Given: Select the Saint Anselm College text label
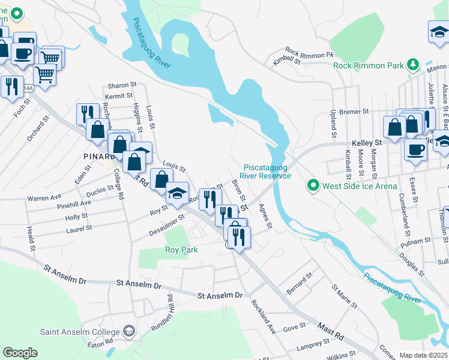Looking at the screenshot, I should (x=79, y=331).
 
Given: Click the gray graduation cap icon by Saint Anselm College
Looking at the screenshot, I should (x=128, y=331).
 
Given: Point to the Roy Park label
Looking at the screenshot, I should (x=181, y=250).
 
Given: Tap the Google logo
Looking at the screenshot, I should (x=20, y=353).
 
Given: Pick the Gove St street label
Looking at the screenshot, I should (x=294, y=327).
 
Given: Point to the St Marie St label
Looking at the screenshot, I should (x=345, y=296).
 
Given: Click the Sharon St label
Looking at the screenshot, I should (x=119, y=86).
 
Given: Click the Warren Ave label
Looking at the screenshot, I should (x=44, y=197).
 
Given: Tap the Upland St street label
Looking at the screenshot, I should (x=331, y=122).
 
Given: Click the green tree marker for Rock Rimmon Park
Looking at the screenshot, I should (x=412, y=64).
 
